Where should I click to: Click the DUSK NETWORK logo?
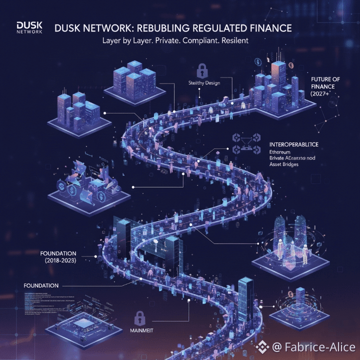29,27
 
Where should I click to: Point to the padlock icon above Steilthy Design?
202,68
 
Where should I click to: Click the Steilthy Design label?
204,83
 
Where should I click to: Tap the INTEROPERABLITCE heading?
293,144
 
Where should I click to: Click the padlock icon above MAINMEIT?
140,317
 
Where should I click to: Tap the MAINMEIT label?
141,330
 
